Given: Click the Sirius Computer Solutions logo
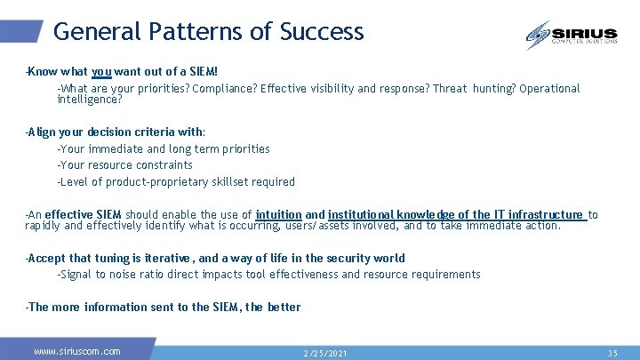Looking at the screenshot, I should [571, 36].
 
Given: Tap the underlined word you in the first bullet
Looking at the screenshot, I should [100, 72].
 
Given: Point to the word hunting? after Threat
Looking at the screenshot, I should [493, 89].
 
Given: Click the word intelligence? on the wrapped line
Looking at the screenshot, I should [90, 100].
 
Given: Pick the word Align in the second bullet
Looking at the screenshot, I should [41, 132].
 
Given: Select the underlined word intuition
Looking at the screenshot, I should [278, 215].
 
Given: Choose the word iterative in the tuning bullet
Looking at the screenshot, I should [166, 259].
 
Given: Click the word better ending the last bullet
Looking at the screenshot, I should [284, 308].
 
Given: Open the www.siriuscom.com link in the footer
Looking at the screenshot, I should [77, 351].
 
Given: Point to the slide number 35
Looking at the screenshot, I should [612, 353].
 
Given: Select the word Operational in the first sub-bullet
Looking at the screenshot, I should [549, 89].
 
